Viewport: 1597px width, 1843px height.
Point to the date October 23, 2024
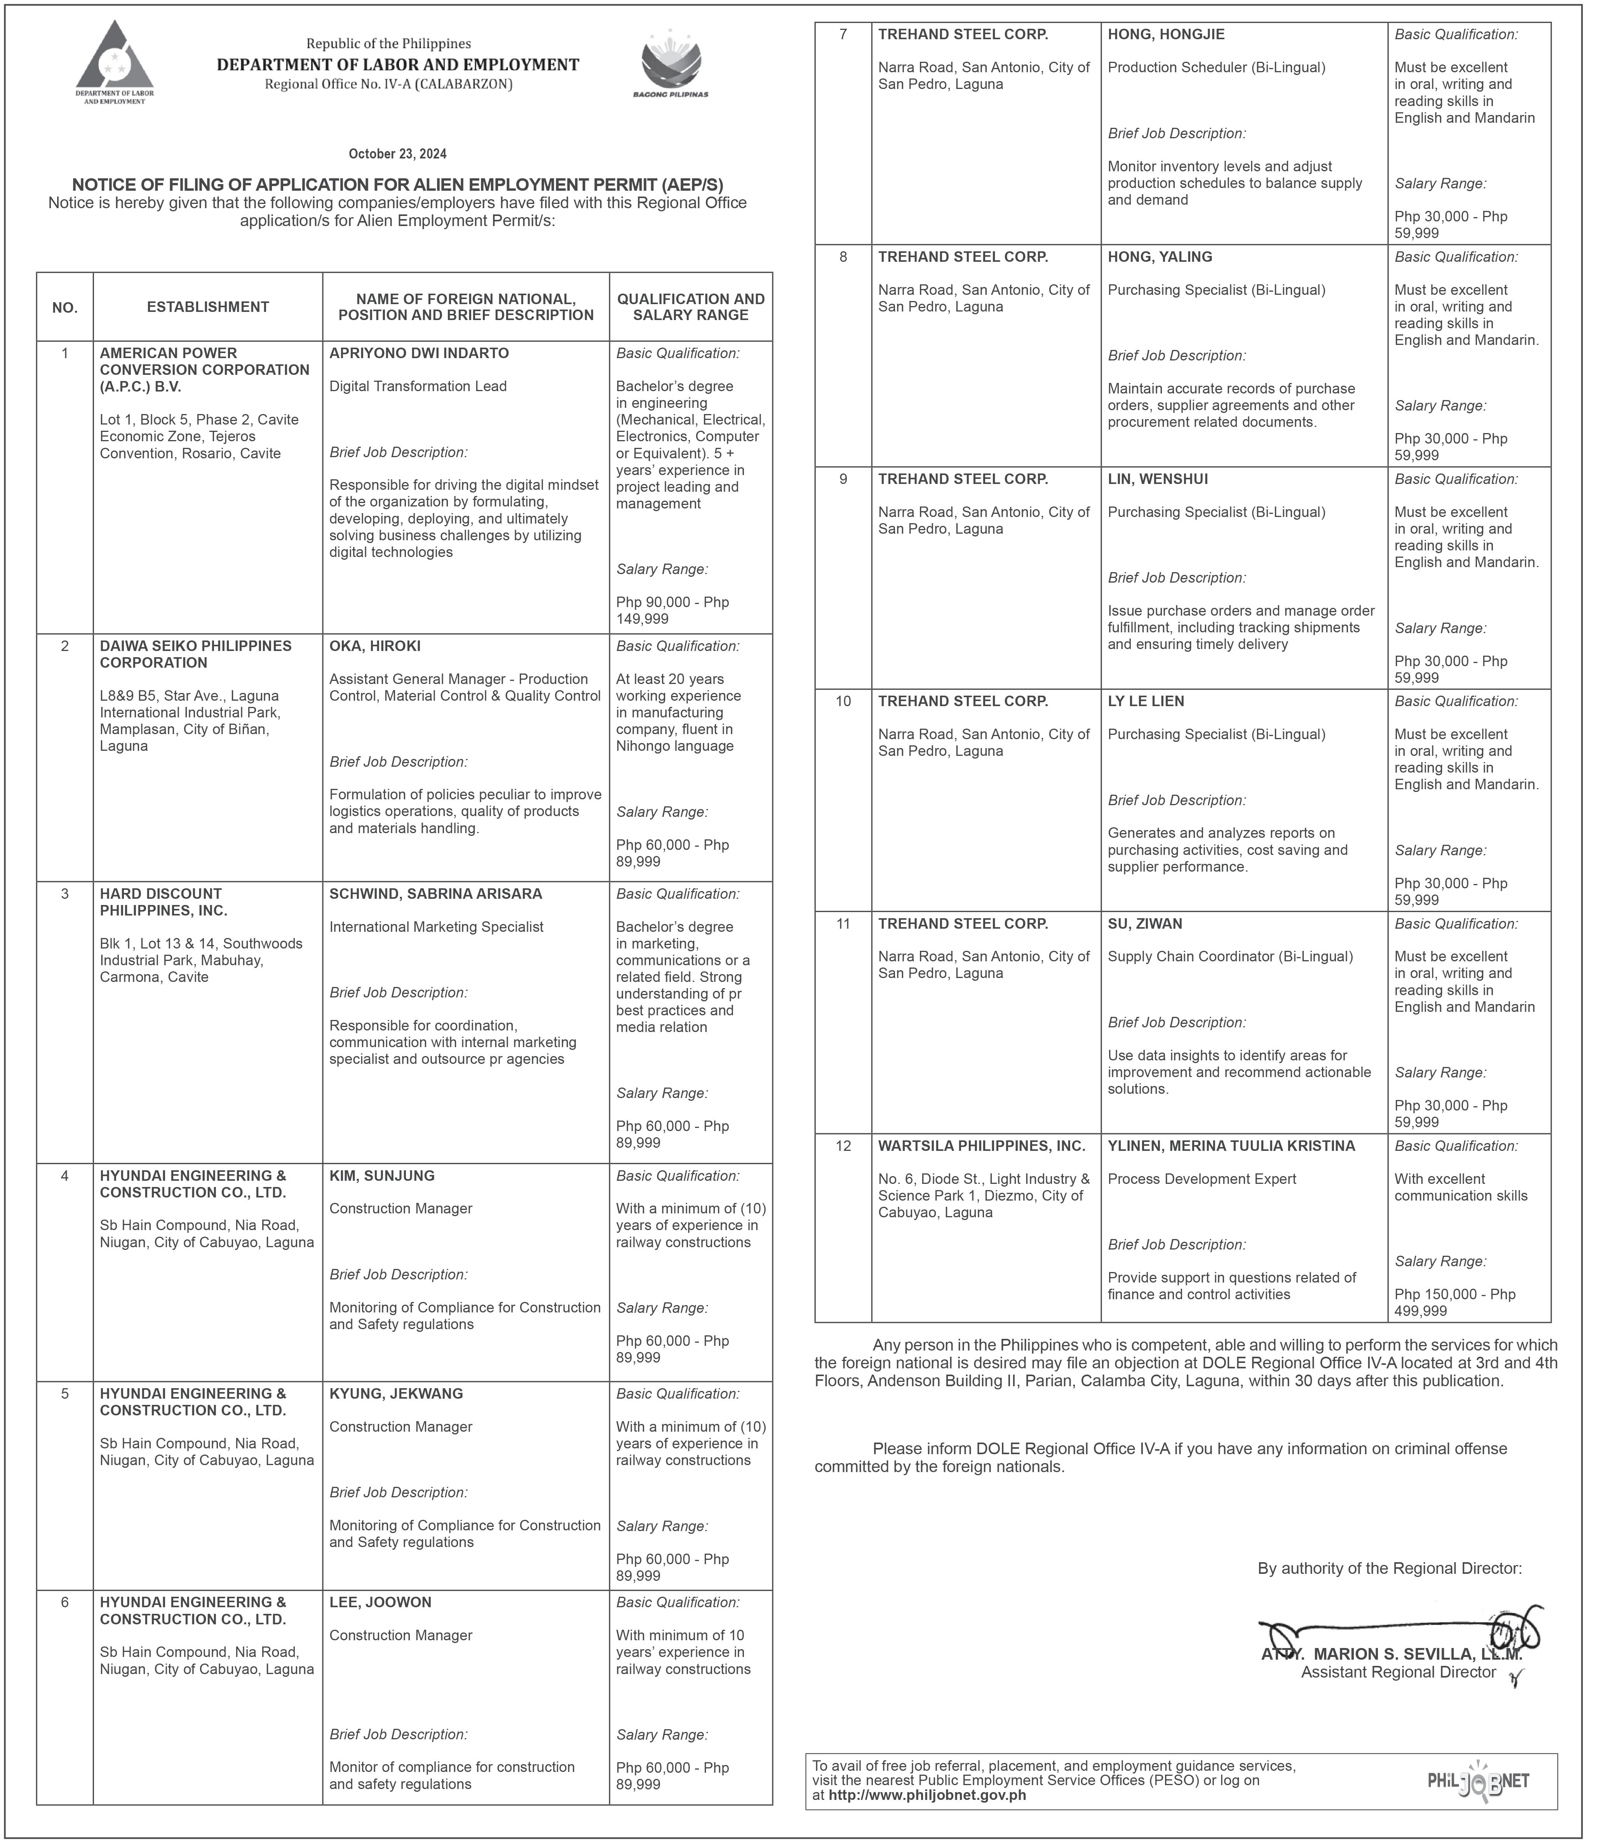pos(397,154)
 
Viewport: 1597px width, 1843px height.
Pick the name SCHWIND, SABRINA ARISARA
pos(435,894)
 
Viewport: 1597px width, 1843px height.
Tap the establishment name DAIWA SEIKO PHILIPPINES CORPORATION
pos(195,654)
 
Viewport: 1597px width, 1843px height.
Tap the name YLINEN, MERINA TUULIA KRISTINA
pos(1231,1146)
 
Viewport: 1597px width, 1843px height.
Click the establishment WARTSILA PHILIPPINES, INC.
pos(981,1146)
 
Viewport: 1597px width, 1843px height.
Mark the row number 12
pos(843,1146)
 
